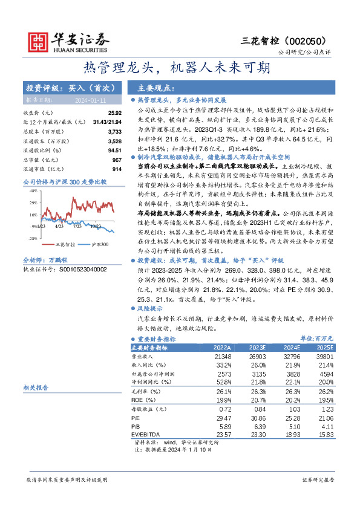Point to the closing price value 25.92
pos(114,113)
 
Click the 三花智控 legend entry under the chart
pos(63,244)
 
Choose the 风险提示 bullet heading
pos(154,308)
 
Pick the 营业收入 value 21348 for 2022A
pos(221,357)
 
